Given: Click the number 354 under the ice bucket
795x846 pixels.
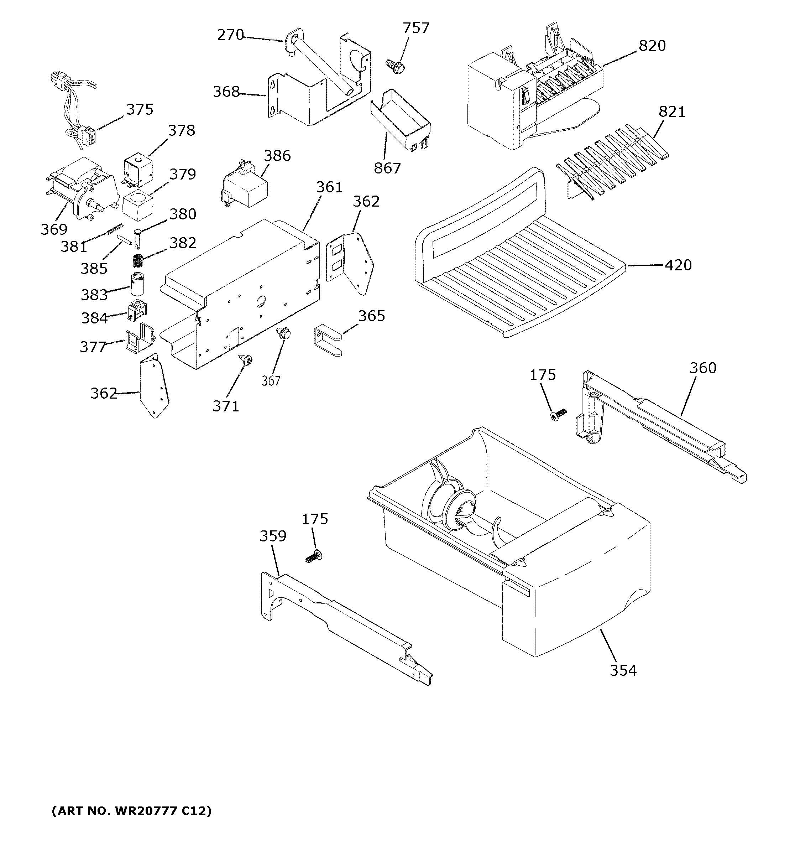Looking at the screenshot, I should click(x=623, y=670).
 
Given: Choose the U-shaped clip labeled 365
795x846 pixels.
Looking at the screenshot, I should click(x=327, y=341).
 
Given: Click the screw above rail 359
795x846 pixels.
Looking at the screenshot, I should click(x=314, y=556).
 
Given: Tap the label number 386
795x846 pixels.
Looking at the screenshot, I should click(x=277, y=156).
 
